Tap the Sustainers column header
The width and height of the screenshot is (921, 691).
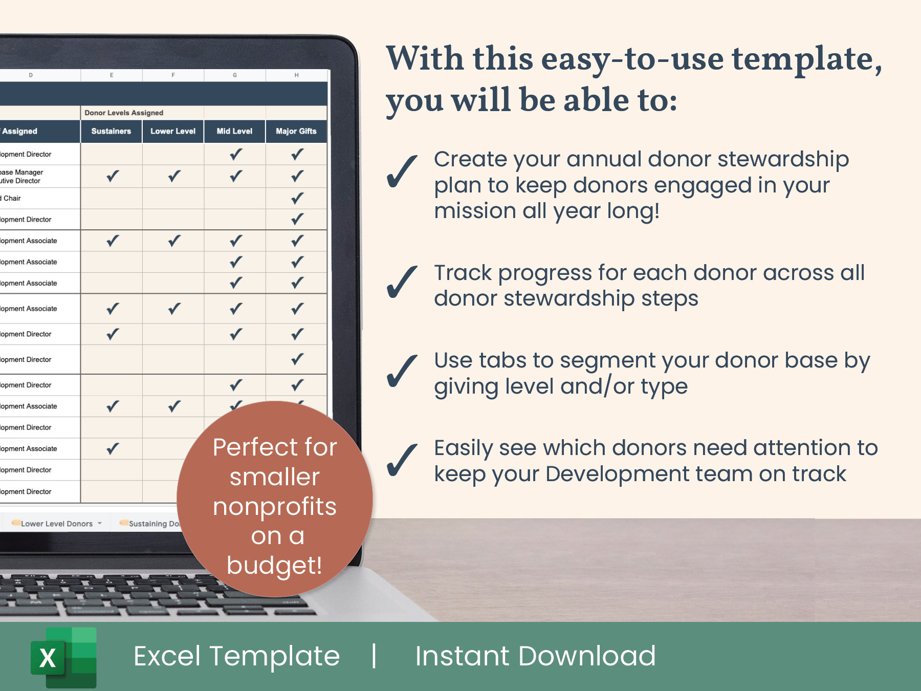(x=111, y=131)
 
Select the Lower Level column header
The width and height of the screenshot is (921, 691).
(x=173, y=131)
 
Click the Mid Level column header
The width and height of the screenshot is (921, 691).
(x=234, y=131)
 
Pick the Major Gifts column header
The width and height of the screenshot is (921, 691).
(x=296, y=131)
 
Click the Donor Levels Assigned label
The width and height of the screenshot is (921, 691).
(x=124, y=113)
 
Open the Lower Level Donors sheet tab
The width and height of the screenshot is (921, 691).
(x=56, y=524)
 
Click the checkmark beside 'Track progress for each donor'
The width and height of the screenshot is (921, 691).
(x=402, y=282)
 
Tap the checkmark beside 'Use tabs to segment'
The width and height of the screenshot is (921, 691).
(x=402, y=371)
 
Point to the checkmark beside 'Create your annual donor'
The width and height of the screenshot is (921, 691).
(x=402, y=171)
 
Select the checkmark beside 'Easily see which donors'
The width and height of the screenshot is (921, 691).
(x=402, y=460)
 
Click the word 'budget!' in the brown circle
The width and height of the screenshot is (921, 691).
(x=274, y=566)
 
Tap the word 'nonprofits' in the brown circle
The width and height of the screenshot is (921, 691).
(x=275, y=507)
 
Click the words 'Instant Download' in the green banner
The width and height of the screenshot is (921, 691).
(x=535, y=656)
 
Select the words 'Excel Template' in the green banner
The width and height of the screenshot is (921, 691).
(x=236, y=656)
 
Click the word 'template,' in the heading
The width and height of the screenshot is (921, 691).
(x=807, y=59)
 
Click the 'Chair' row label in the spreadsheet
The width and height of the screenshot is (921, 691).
(x=12, y=199)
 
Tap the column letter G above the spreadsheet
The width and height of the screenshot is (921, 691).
(x=235, y=75)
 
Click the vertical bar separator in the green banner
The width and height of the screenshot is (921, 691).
(x=375, y=656)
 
